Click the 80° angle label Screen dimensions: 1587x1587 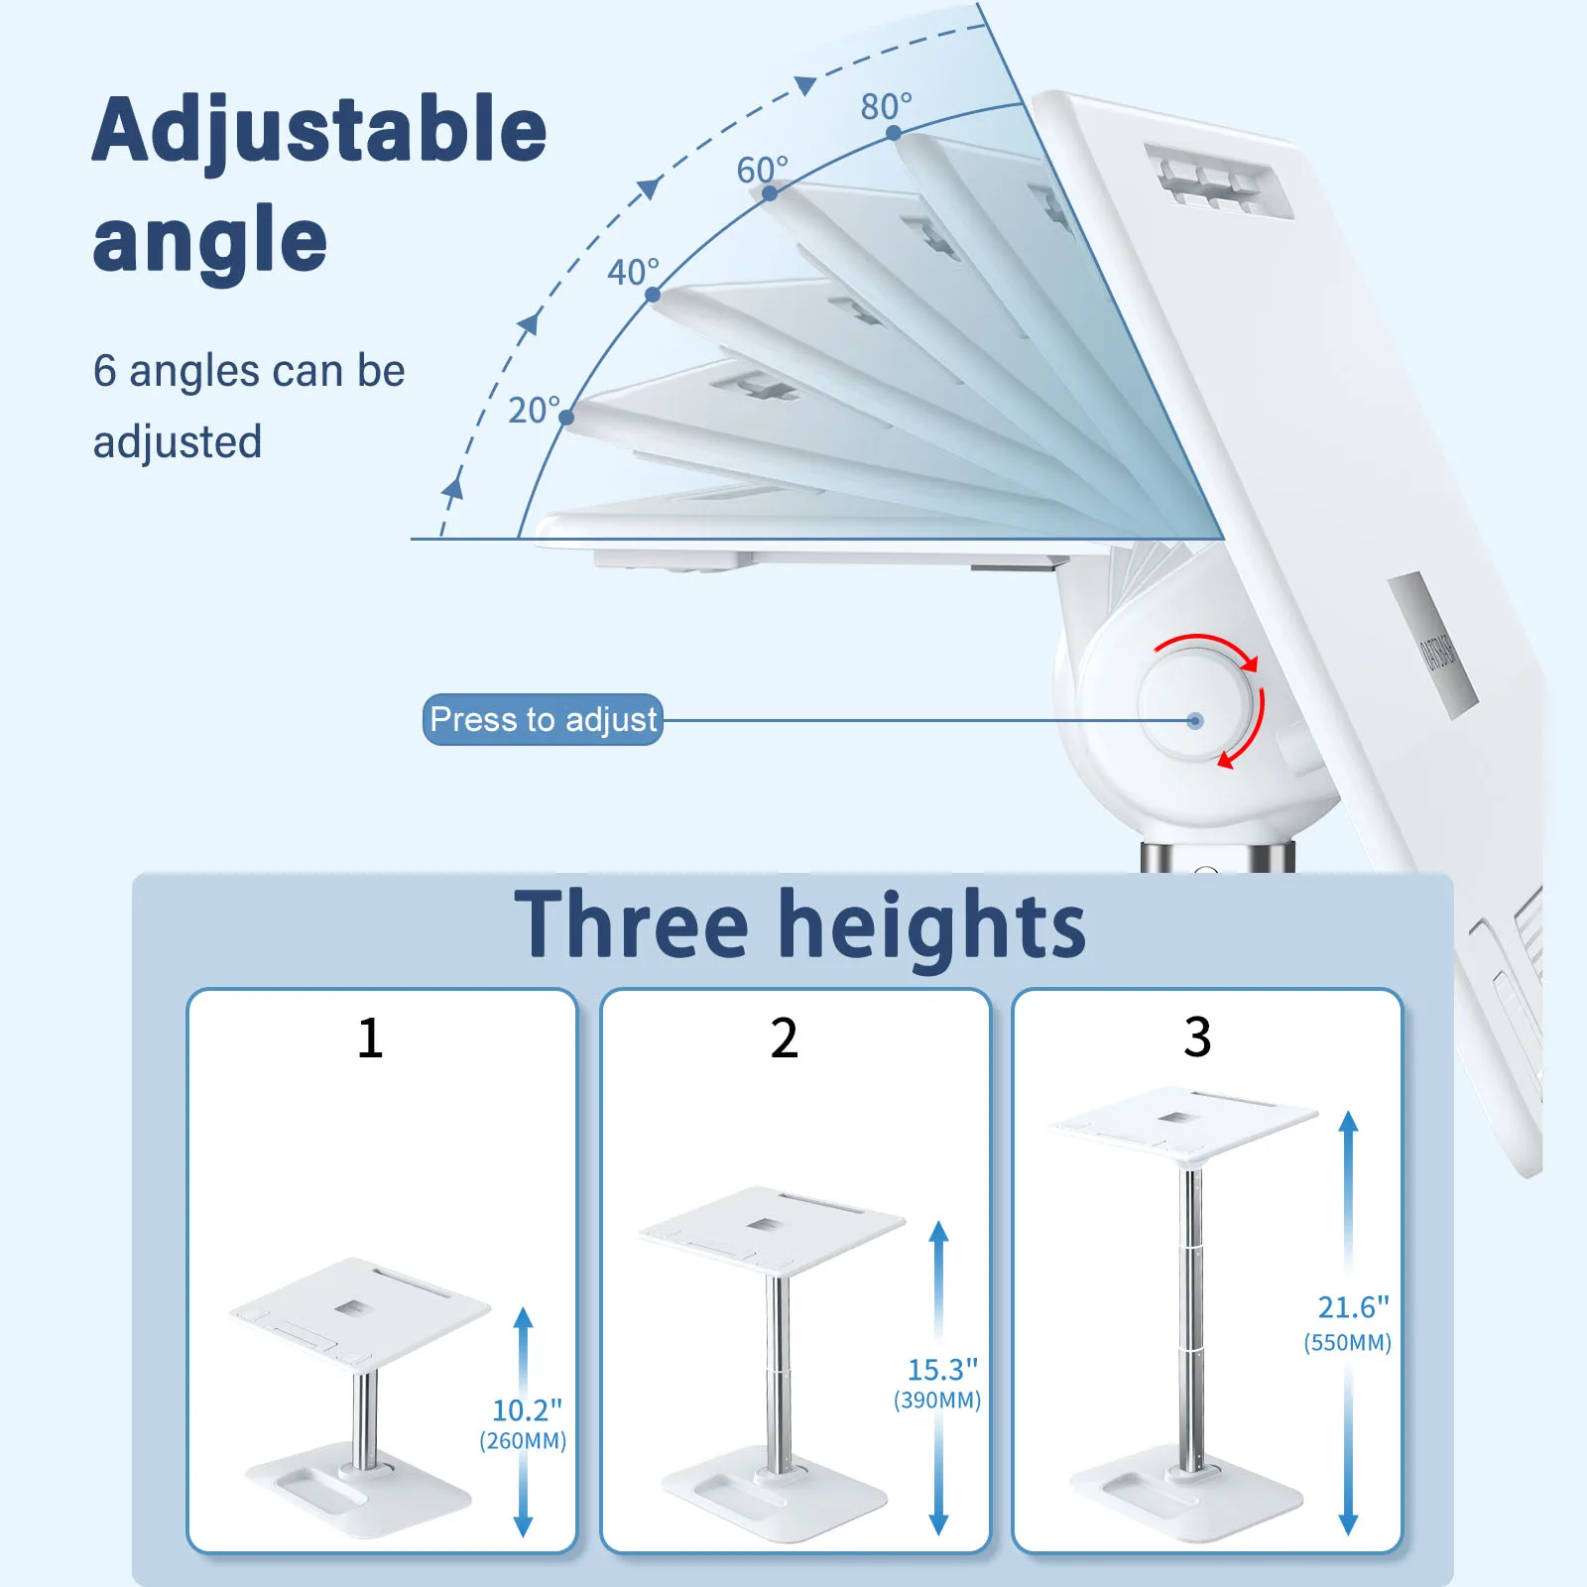pos(885,106)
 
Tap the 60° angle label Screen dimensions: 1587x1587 pos(762,170)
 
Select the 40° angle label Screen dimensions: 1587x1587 pos(633,272)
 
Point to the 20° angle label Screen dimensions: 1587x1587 pos(534,410)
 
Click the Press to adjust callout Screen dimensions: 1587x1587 pos(543,719)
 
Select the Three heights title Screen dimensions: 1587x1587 pos(799,924)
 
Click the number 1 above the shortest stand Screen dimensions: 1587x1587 pos(370,1038)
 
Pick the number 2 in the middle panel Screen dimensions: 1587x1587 pos(784,1038)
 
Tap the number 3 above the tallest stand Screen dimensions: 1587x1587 pos(1197,1038)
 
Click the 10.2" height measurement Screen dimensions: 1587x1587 pos(527,1409)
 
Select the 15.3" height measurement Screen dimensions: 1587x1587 pos(941,1370)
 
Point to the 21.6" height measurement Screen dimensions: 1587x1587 pos(1353,1307)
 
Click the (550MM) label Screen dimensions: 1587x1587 pos(1347,1343)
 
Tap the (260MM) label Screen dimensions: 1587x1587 pos(523,1441)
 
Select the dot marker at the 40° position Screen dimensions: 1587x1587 pos(653,295)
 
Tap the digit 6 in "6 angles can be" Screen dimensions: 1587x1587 pos(104,371)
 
